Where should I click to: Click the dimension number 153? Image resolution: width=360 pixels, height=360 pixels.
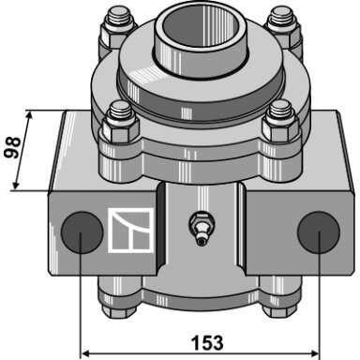point(207,342)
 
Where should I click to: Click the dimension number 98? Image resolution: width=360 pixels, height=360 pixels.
point(13,147)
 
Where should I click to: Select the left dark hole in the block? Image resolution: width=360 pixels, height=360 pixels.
point(82,232)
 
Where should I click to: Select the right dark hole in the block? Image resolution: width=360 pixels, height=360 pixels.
point(319,232)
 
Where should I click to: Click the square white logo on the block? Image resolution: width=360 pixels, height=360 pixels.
point(131,230)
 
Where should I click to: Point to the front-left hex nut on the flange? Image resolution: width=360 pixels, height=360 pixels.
point(119,128)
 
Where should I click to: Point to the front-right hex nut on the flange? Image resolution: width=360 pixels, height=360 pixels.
point(281,128)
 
